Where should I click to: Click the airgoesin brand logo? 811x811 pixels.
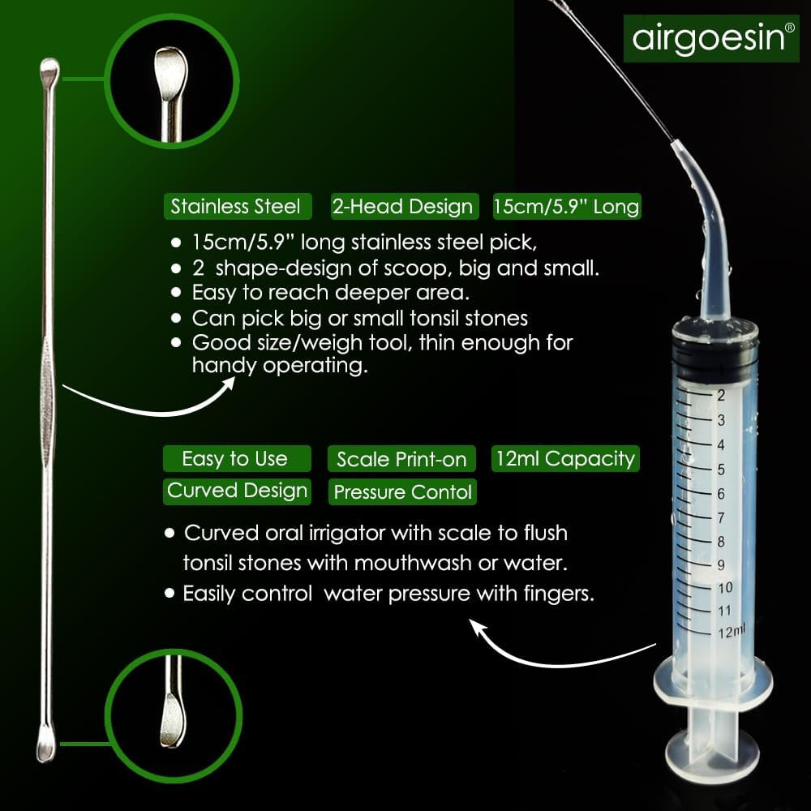tap(705, 38)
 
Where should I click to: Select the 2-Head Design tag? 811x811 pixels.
tap(403, 206)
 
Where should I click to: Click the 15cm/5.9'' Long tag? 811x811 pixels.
tap(566, 206)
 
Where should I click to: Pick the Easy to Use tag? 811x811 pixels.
tap(235, 459)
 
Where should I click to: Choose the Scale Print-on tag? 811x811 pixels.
tap(401, 460)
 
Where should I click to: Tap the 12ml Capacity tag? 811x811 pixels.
tap(565, 458)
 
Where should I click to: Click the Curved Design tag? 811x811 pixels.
tap(237, 491)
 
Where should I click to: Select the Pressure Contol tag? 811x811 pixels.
tap(403, 491)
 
